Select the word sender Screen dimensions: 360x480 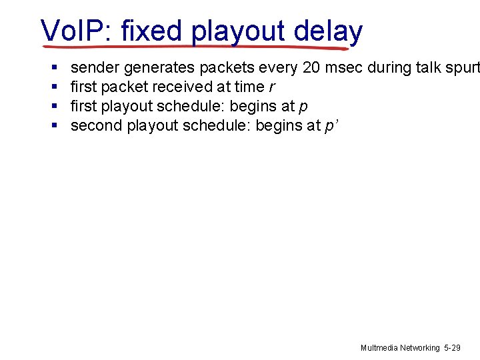(x=95, y=67)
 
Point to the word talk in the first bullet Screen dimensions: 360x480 (x=431, y=67)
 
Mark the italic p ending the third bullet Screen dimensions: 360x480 (x=304, y=107)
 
